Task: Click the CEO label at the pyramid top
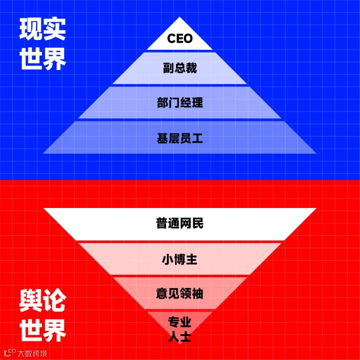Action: tap(180, 39)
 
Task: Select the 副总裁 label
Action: tap(180, 68)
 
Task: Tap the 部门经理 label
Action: tap(180, 103)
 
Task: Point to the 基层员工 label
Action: tap(180, 138)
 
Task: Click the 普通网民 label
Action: tap(180, 223)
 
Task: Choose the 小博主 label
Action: tap(180, 259)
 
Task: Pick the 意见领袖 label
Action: tap(180, 294)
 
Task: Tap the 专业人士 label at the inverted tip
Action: tap(180, 330)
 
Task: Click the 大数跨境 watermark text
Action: tap(32, 353)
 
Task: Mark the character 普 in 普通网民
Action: tap(162, 223)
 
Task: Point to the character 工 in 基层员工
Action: tap(198, 138)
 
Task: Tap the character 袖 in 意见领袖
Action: tap(198, 294)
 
